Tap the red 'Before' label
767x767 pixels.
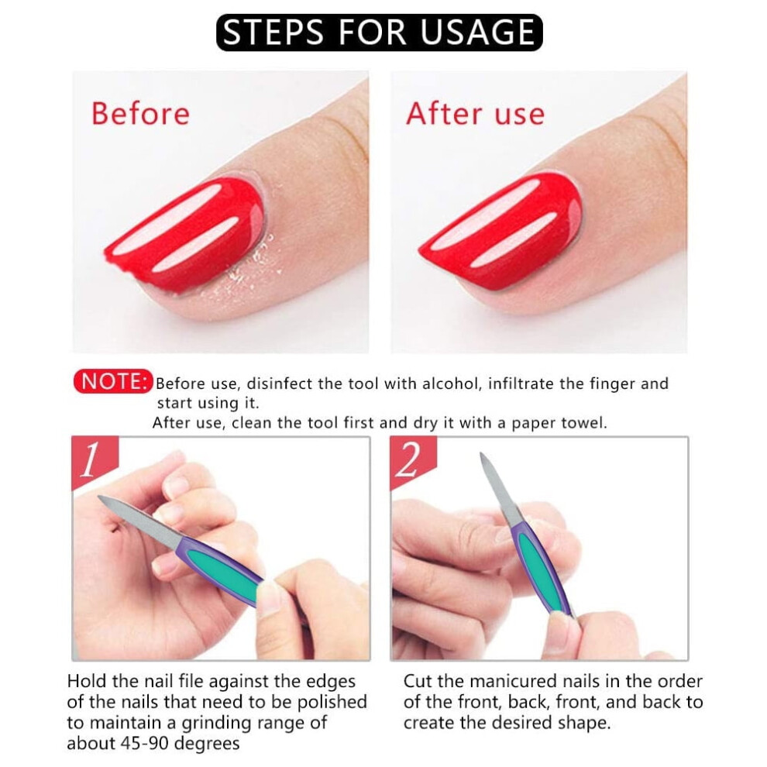click(140, 113)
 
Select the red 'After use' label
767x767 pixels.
click(475, 113)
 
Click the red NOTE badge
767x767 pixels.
click(113, 381)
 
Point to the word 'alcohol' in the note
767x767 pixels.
click(450, 383)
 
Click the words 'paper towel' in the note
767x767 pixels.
click(559, 423)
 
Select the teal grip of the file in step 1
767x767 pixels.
click(222, 567)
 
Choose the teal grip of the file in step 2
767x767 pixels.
click(539, 571)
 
